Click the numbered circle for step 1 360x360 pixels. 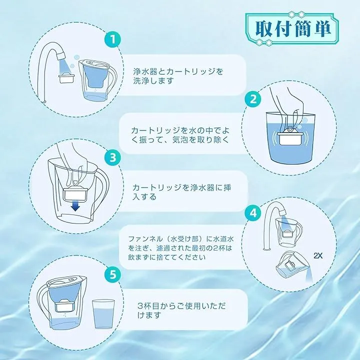pos(113,39)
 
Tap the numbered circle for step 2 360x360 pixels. pos(253,99)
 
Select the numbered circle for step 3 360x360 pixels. pos(113,157)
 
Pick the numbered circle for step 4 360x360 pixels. pos(253,213)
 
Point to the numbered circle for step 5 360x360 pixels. pos(113,274)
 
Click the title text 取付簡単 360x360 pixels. pos(293,29)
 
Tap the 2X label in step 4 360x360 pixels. pos(318,256)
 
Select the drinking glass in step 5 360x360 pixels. pos(103,314)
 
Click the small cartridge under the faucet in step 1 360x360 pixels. pos(67,78)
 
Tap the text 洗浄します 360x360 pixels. pos(153,81)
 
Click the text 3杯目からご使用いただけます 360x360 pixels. pos(181,310)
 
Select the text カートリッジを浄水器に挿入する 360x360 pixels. pos(181,192)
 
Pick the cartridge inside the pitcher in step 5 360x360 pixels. pos(65,306)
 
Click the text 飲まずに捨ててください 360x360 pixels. pos(166,257)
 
